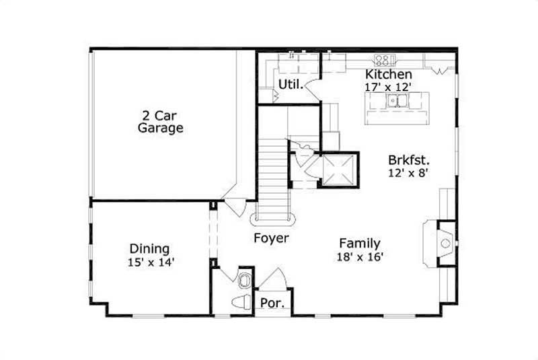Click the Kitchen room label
pos(388,73)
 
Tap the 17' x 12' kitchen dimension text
pos(388,86)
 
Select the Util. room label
pos(290,83)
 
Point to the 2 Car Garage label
pos(161,120)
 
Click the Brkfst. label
pos(408,160)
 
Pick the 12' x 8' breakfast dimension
pos(408,173)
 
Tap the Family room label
pos(359,244)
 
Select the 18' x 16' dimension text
pos(360,256)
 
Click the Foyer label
pos(271,238)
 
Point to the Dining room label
pos(149,249)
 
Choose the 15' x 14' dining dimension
pos(151,262)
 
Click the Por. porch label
pos(273,304)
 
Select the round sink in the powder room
pos(244,278)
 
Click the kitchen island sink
pos(397,102)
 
